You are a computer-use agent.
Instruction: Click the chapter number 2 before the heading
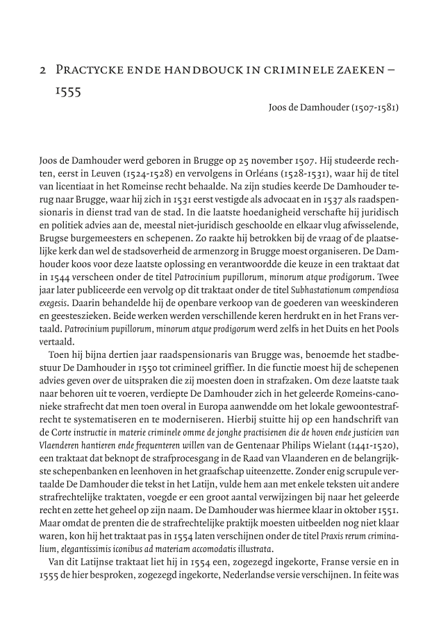(43, 71)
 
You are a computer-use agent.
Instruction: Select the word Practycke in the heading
(88, 71)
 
